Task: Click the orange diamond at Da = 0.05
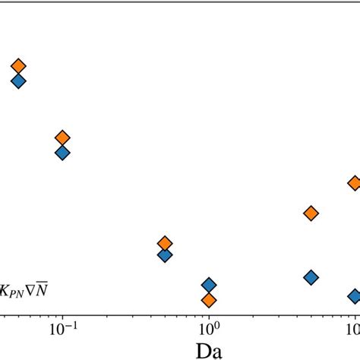18,67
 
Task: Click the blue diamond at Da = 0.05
18,81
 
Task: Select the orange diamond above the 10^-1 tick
62,137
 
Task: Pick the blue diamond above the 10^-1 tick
62,153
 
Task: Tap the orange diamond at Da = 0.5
165,243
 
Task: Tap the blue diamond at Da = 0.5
165,255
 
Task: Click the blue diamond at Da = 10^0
209,285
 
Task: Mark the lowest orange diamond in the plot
209,300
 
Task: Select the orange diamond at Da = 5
310,213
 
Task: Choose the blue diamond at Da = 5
310,277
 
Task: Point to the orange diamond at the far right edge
354,183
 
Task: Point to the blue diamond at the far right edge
354,296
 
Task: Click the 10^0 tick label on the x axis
208,330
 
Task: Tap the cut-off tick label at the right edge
353,330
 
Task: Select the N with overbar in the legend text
43,289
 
